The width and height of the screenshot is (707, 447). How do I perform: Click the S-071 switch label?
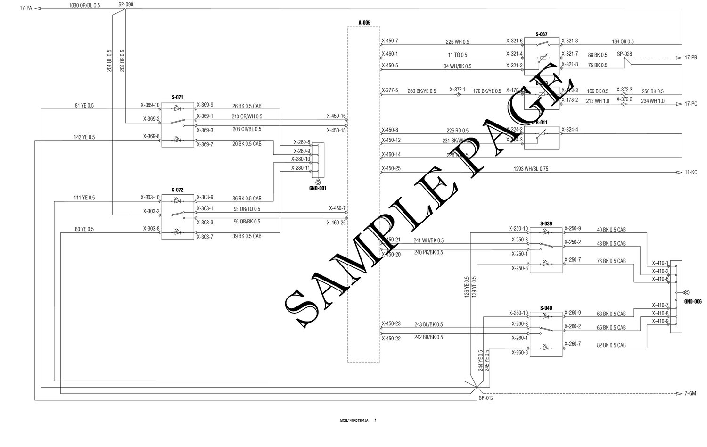point(177,97)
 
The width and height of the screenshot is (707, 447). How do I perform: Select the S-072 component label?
point(177,190)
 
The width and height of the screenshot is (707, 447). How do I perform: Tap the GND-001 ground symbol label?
point(318,188)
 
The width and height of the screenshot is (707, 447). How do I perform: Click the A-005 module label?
point(364,22)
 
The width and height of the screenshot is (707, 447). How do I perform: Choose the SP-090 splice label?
point(126,5)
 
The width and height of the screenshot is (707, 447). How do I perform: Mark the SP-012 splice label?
point(486,398)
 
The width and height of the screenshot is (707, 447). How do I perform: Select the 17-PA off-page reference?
point(26,8)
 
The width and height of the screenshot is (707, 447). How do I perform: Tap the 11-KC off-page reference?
point(691,173)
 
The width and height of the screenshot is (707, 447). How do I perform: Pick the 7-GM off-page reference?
point(691,393)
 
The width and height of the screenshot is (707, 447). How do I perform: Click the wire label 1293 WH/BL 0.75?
point(531,169)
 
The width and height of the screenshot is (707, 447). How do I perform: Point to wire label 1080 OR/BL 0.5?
point(84,5)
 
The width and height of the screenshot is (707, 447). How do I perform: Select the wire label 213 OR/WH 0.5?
point(247,116)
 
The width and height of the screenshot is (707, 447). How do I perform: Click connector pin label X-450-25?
point(391,168)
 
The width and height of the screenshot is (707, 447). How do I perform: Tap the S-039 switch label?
point(546,223)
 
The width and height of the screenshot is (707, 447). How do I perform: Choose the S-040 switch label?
point(546,308)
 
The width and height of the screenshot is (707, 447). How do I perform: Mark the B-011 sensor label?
point(542,122)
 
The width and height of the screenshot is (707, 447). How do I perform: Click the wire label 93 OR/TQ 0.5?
point(247,209)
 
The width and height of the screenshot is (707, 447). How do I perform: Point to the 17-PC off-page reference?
point(691,104)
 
